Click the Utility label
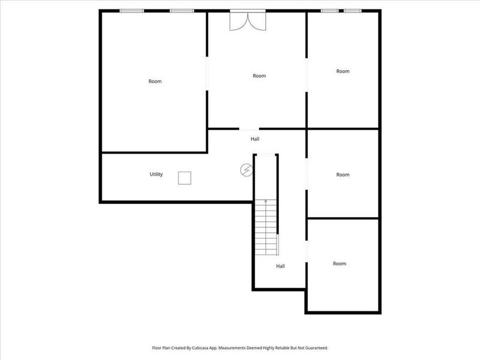pyautogui.click(x=156, y=175)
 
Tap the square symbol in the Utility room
pyautogui.click(x=185, y=178)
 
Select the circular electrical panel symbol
pyautogui.click(x=246, y=170)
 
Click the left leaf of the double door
pyautogui.click(x=237, y=21)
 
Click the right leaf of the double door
pyautogui.click(x=257, y=21)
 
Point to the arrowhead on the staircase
pyautogui.click(x=266, y=201)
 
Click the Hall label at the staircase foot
pyautogui.click(x=280, y=266)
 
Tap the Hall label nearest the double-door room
pyautogui.click(x=255, y=139)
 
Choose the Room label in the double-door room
pyautogui.click(x=259, y=76)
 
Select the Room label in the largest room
pyautogui.click(x=155, y=82)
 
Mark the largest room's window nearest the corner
pyautogui.click(x=131, y=10)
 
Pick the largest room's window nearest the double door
pyautogui.click(x=181, y=10)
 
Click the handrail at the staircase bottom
pyautogui.click(x=278, y=245)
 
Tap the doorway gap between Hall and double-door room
pyautogui.click(x=250, y=129)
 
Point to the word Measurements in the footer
pyautogui.click(x=235, y=348)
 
